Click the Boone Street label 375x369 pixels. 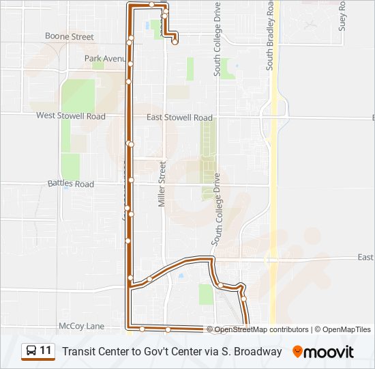69,36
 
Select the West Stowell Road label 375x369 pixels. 71,116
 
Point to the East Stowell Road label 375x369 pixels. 179,118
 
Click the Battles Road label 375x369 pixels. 71,184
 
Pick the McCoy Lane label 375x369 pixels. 81,326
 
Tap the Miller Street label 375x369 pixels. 162,183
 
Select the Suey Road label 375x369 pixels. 343,16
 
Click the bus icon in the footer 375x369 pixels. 31,351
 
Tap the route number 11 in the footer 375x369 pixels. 46,351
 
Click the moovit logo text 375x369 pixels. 329,352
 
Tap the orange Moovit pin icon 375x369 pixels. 297,352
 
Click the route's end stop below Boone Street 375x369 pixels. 175,42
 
